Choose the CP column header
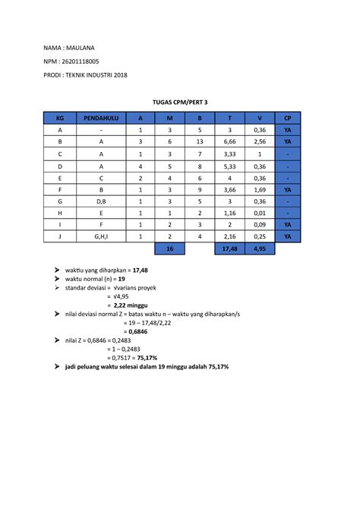(x=287, y=118)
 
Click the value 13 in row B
(x=199, y=142)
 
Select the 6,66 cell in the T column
(x=229, y=142)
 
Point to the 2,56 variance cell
(x=259, y=142)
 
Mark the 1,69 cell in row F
(x=259, y=189)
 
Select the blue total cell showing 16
(x=169, y=248)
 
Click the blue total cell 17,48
(x=229, y=248)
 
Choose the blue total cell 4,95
(x=259, y=248)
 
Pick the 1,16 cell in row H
(x=229, y=213)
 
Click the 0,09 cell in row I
(x=259, y=225)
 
